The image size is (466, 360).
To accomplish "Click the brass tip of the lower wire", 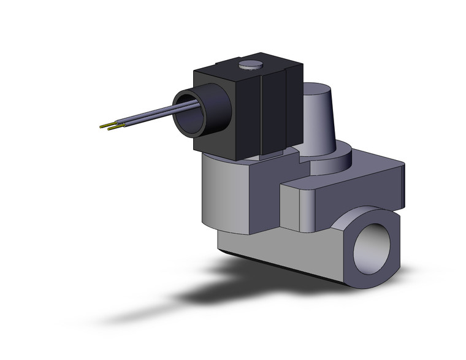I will tap(112, 128).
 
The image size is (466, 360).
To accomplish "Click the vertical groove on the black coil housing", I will tap(263, 114).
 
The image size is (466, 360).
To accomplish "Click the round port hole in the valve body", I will tap(373, 241).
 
